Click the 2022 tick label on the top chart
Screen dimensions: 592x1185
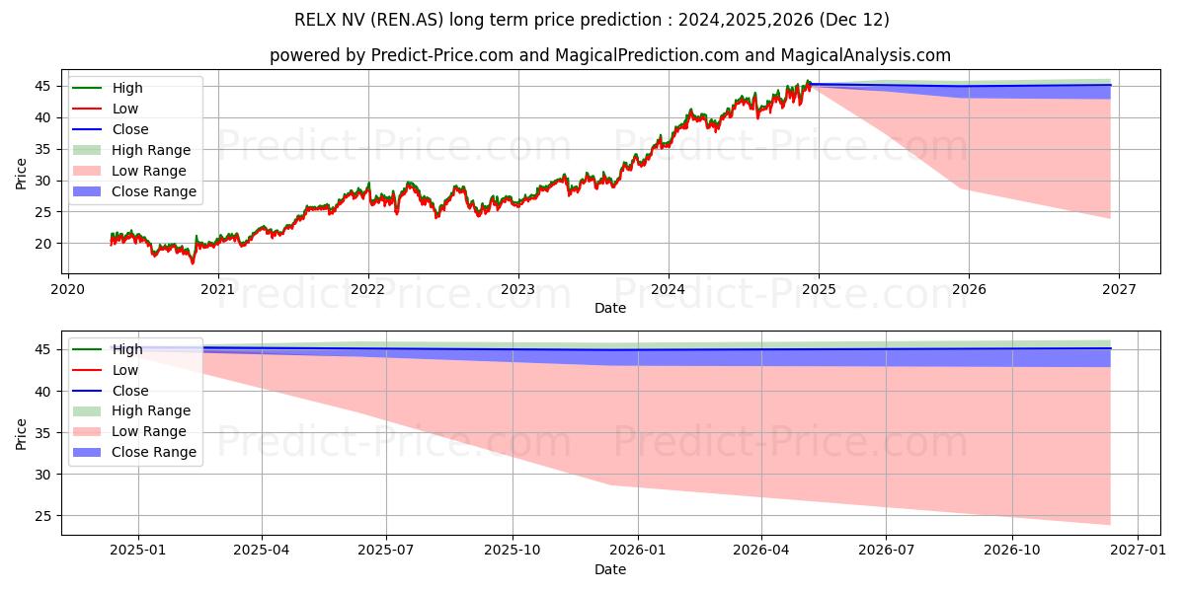click(x=368, y=290)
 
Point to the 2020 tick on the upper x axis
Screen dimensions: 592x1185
click(x=67, y=290)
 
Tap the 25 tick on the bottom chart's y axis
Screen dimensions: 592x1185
click(x=45, y=516)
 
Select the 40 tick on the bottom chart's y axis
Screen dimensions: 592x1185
click(x=45, y=392)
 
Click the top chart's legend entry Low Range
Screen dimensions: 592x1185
click(x=148, y=171)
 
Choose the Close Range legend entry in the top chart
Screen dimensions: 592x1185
click(x=153, y=191)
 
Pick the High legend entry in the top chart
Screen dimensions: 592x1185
click(x=127, y=88)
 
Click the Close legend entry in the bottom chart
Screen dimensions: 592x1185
click(x=130, y=391)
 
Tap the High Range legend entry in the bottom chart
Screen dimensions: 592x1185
click(x=151, y=410)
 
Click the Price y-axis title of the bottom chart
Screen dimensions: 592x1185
click(x=22, y=433)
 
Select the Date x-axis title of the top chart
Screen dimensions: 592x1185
click(x=610, y=308)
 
